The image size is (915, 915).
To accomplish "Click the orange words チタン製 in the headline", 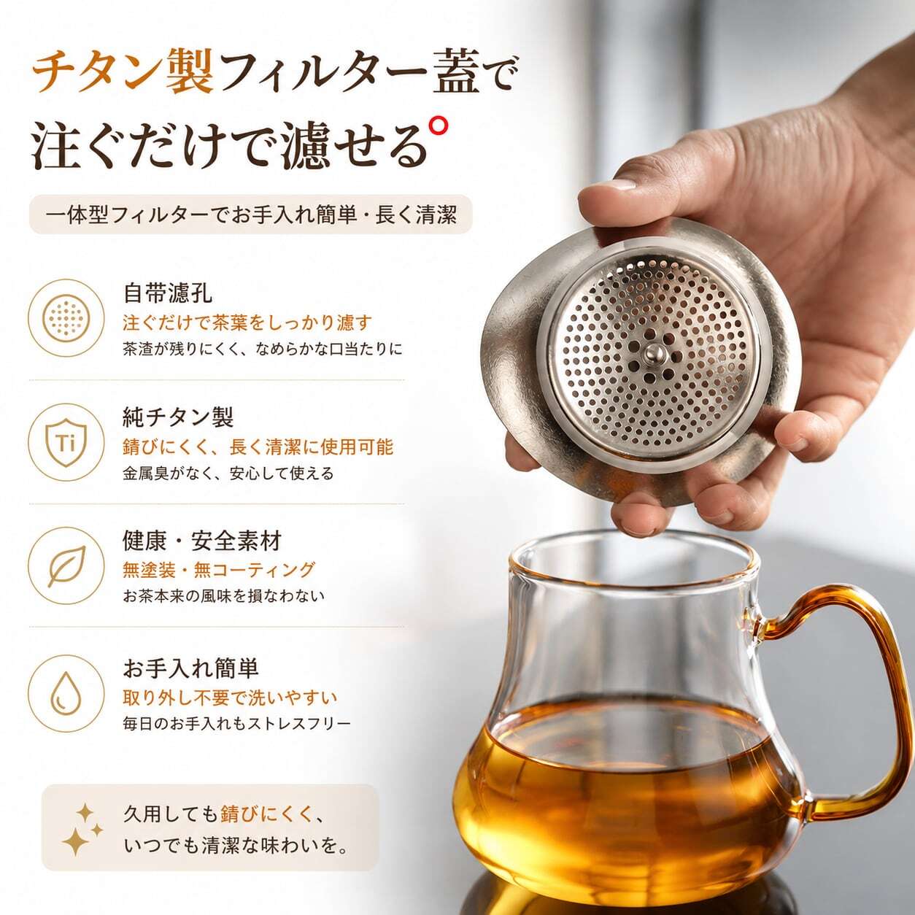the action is [122, 74].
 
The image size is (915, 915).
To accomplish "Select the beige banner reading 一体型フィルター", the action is [251, 215].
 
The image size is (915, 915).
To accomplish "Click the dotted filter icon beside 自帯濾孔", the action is [66, 317].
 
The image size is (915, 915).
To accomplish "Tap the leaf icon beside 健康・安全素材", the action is [66, 565].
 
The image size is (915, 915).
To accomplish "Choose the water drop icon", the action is [66, 694].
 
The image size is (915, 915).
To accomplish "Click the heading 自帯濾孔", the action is [168, 293].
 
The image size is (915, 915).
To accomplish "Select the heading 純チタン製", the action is [179, 417].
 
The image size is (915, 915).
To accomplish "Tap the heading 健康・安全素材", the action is [202, 541].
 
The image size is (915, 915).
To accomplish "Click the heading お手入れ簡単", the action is [190, 668].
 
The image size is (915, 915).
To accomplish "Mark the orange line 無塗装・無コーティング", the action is [219, 569].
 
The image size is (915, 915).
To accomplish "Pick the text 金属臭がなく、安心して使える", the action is [228, 473].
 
